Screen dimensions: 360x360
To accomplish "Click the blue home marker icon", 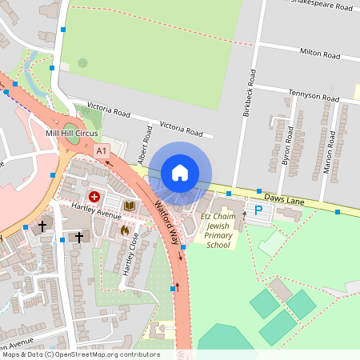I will click(180, 173).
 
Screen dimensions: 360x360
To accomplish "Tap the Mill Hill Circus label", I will click(72, 131).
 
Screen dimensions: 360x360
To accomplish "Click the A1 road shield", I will click(101, 150).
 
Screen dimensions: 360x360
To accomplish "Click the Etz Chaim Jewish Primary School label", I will click(218, 230).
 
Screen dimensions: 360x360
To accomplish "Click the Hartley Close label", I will click(130, 254).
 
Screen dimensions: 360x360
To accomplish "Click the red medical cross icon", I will click(94, 196).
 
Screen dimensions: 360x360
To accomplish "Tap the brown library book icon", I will click(129, 206).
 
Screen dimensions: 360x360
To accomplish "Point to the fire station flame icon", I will click(125, 230).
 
